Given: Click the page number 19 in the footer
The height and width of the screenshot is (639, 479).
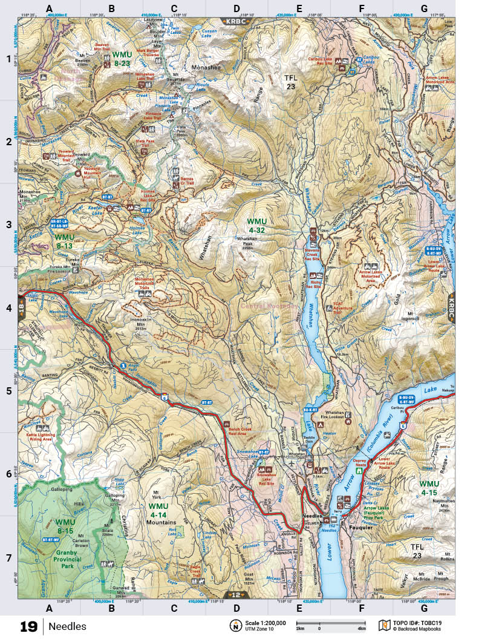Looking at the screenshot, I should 28,626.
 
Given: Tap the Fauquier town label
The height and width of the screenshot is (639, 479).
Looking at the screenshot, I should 360,526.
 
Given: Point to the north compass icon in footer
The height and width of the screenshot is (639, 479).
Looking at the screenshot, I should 234,626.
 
